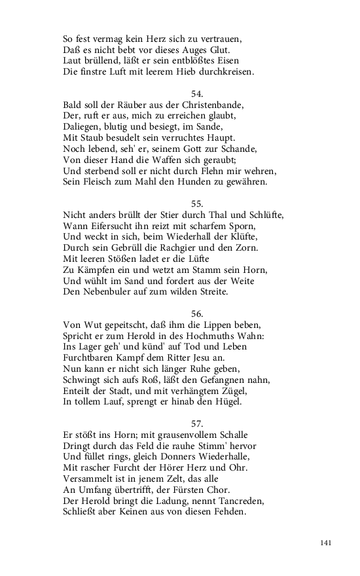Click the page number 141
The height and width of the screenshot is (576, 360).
(x=327, y=543)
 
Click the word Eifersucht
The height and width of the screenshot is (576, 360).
(x=113, y=226)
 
